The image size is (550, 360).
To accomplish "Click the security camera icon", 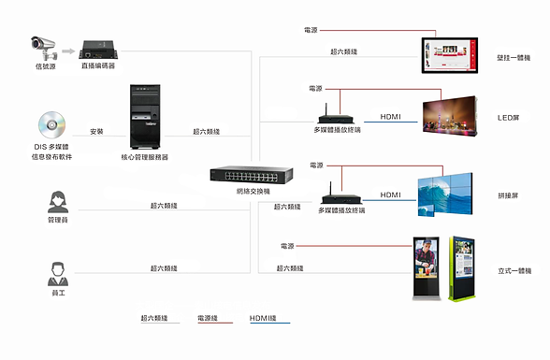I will coord(45,44).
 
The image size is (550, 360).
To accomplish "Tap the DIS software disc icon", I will coord(51,126).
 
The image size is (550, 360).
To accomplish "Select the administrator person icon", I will coord(56,201).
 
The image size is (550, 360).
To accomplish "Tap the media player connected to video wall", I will coord(340,197).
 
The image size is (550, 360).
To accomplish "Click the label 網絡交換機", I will coord(253,191).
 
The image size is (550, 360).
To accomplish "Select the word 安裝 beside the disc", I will coord(96,132).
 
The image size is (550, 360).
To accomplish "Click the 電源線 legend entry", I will coord(209,318).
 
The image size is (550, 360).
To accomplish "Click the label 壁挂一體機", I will coord(515,58).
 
